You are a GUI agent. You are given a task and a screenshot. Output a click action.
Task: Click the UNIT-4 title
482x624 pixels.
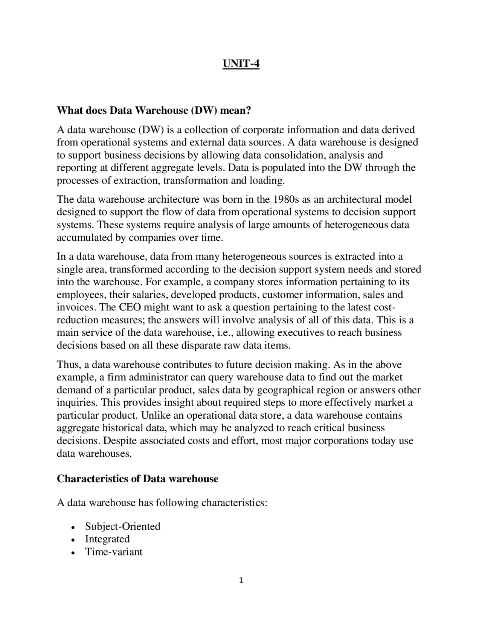241,64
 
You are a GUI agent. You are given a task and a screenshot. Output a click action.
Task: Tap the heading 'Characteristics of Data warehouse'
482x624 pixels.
137,479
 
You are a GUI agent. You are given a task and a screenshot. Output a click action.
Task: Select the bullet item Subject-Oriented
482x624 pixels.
122,526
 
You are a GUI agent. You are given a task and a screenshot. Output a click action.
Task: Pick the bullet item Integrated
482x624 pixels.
107,539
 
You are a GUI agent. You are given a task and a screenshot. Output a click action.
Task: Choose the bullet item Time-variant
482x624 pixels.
114,552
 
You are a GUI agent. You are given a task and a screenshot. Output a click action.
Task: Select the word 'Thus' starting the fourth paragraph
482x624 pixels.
67,364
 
